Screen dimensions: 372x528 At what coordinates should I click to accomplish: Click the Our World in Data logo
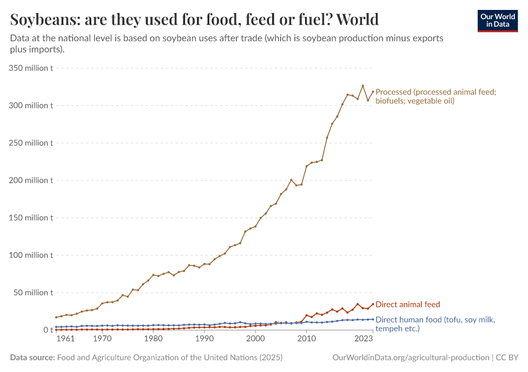(x=497, y=20)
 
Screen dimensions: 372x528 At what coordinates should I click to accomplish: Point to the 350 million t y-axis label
(x=31, y=68)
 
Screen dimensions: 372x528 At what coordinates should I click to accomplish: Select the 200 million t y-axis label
(x=31, y=180)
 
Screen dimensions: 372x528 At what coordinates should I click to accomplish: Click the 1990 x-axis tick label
(x=204, y=340)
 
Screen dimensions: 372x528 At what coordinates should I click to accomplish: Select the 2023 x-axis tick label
(x=363, y=340)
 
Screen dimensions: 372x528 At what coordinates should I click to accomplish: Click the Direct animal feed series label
(x=407, y=304)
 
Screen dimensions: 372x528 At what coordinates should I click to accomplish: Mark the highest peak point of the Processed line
(x=363, y=86)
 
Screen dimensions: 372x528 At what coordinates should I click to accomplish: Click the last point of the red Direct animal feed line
(x=373, y=304)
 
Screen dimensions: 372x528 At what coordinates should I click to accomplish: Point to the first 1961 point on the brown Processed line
(x=56, y=317)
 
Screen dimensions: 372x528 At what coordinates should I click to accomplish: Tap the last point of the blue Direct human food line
(x=373, y=319)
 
